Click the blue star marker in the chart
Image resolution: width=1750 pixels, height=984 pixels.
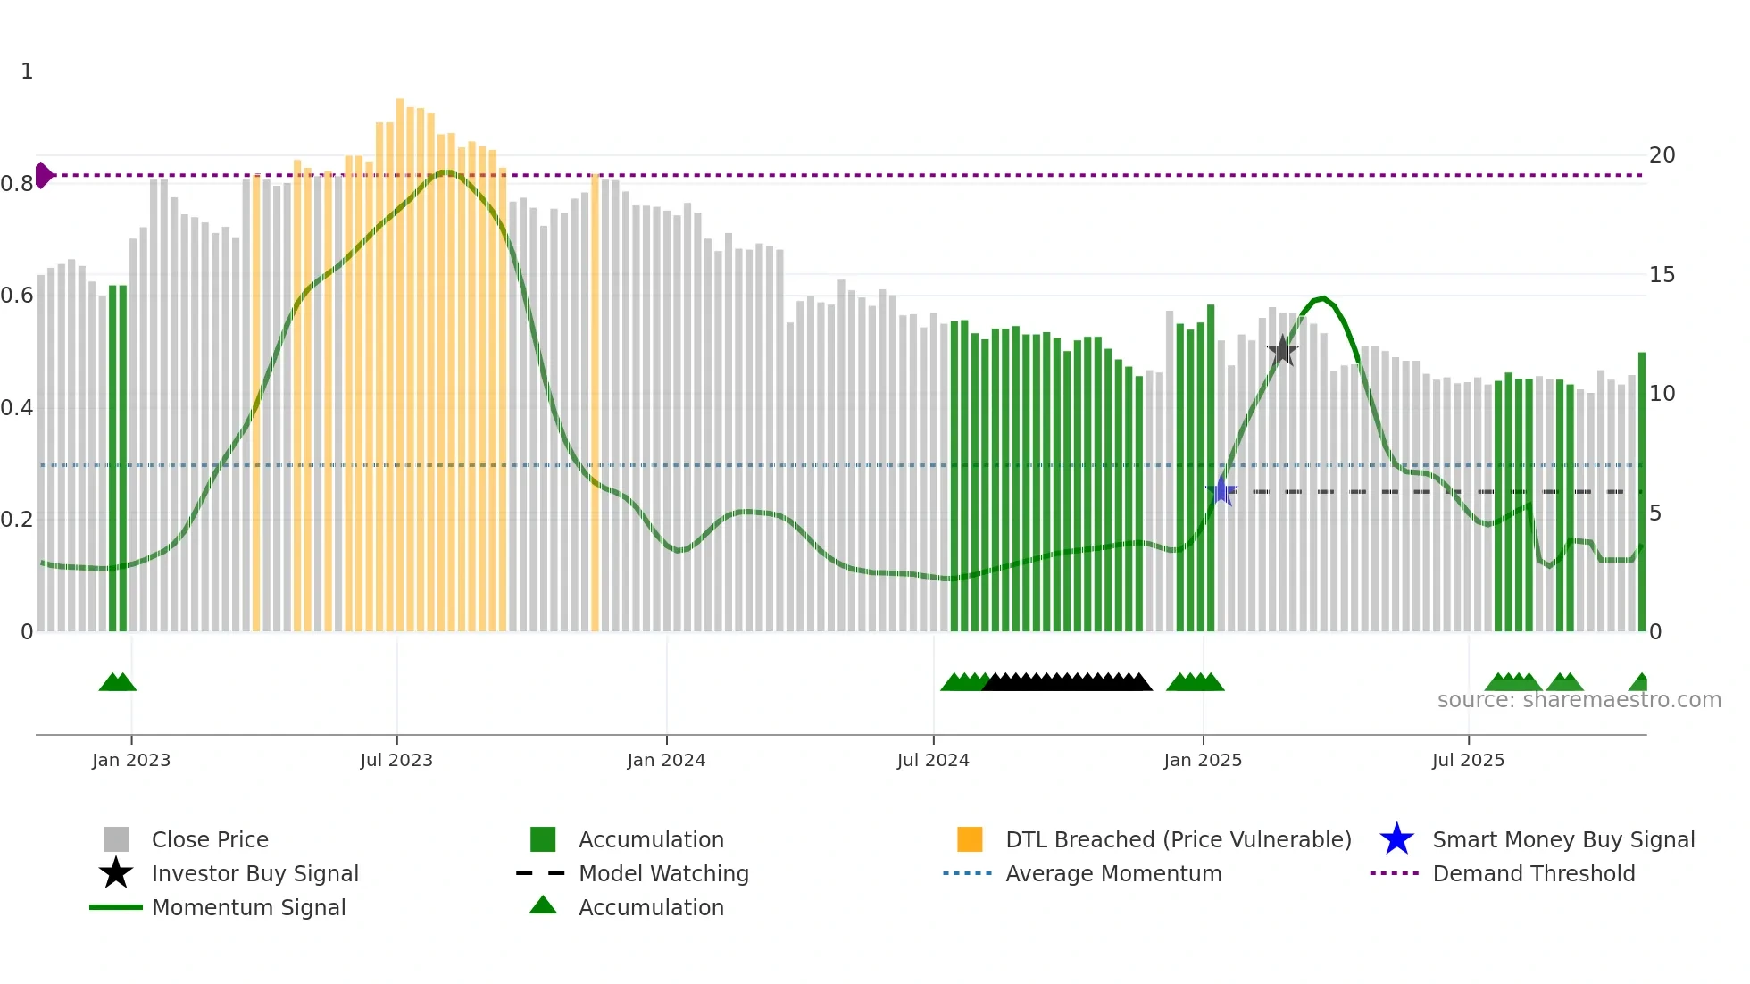(1221, 491)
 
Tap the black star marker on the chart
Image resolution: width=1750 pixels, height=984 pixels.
(1282, 351)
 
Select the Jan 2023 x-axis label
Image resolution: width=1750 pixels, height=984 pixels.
(131, 760)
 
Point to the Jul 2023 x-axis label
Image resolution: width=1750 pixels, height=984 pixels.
(396, 760)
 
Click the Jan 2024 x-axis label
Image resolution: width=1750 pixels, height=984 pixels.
(666, 760)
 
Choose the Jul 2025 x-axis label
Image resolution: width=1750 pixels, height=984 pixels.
(1468, 760)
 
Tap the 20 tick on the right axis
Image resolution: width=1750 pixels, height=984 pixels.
(1662, 155)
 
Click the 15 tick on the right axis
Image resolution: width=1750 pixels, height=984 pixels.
(1662, 275)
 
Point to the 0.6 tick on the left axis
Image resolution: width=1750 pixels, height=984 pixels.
(17, 296)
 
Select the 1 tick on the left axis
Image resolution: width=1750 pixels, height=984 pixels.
(27, 71)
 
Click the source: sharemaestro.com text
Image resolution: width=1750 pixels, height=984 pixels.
(1579, 700)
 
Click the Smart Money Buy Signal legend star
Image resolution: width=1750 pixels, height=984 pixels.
(1396, 839)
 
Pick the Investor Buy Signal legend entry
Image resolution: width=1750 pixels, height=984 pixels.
(254, 873)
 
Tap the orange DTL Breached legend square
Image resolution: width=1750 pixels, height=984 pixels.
(970, 839)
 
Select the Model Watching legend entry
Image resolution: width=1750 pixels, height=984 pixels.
(663, 873)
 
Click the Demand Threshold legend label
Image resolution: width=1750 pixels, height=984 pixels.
(1533, 873)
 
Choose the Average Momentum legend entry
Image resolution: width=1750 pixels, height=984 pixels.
(1112, 873)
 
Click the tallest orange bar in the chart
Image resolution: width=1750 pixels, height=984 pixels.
(400, 357)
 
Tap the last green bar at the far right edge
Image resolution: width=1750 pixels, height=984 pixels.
(1641, 491)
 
